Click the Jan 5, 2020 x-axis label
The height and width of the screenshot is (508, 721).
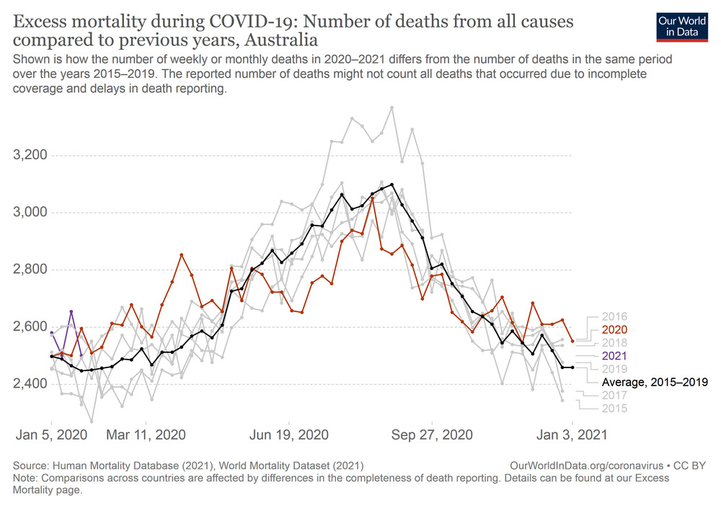coord(52,435)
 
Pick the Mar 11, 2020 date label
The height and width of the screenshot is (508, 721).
coord(146,435)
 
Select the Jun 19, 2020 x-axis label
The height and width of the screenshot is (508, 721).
coord(289,435)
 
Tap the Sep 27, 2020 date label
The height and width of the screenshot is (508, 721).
coord(432,435)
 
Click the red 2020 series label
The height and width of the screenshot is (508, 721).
coord(615,329)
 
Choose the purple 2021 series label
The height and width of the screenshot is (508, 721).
coord(615,356)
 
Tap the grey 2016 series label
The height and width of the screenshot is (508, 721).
coord(615,316)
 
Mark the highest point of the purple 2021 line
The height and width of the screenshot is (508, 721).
coord(71,312)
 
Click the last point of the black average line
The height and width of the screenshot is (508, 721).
coord(572,367)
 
